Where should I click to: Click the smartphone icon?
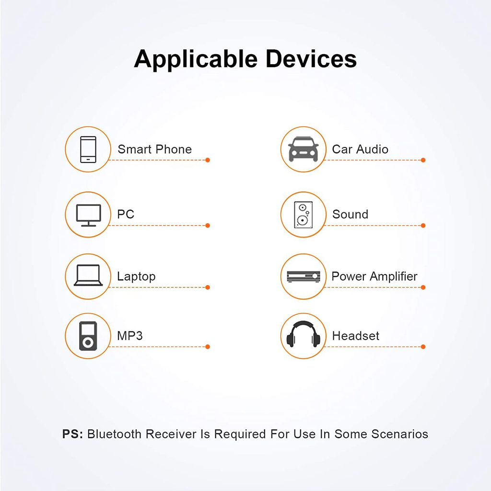[88, 149]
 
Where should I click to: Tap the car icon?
[303, 149]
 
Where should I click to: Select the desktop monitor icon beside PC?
[88, 215]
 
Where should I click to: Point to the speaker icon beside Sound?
[303, 215]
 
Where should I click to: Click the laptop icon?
[88, 275]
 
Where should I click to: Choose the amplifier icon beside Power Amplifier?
[303, 276]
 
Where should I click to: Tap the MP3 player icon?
[88, 336]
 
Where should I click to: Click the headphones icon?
[303, 334]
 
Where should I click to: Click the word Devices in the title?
[311, 58]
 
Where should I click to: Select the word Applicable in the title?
[196, 59]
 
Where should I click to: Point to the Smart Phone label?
[154, 149]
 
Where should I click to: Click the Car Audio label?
[360, 149]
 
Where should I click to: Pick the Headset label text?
[356, 336]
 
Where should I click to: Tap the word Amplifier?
[394, 276]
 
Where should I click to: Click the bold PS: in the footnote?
[72, 434]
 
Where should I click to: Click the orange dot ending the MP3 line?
[208, 347]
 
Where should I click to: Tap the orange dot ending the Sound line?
[423, 226]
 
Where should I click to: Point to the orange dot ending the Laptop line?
[208, 287]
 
